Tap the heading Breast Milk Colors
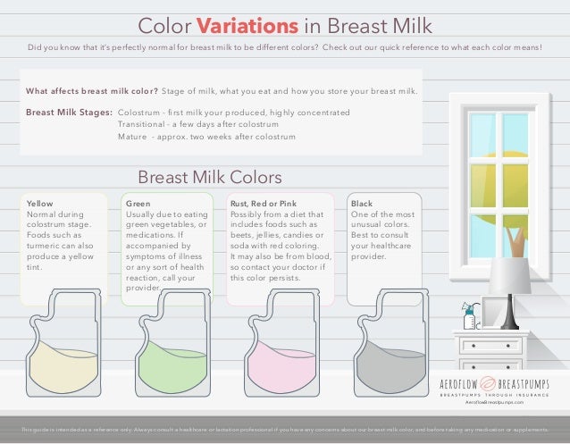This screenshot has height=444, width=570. point(209,176)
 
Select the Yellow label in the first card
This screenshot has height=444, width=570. point(40,204)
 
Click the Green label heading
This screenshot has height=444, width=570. point(138,204)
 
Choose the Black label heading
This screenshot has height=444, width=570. point(362,204)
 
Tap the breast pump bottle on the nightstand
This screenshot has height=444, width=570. point(469,318)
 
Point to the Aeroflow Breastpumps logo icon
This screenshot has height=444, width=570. point(495,384)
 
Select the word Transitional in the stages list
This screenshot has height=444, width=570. point(141,124)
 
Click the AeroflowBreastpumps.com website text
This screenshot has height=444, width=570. point(494,404)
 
